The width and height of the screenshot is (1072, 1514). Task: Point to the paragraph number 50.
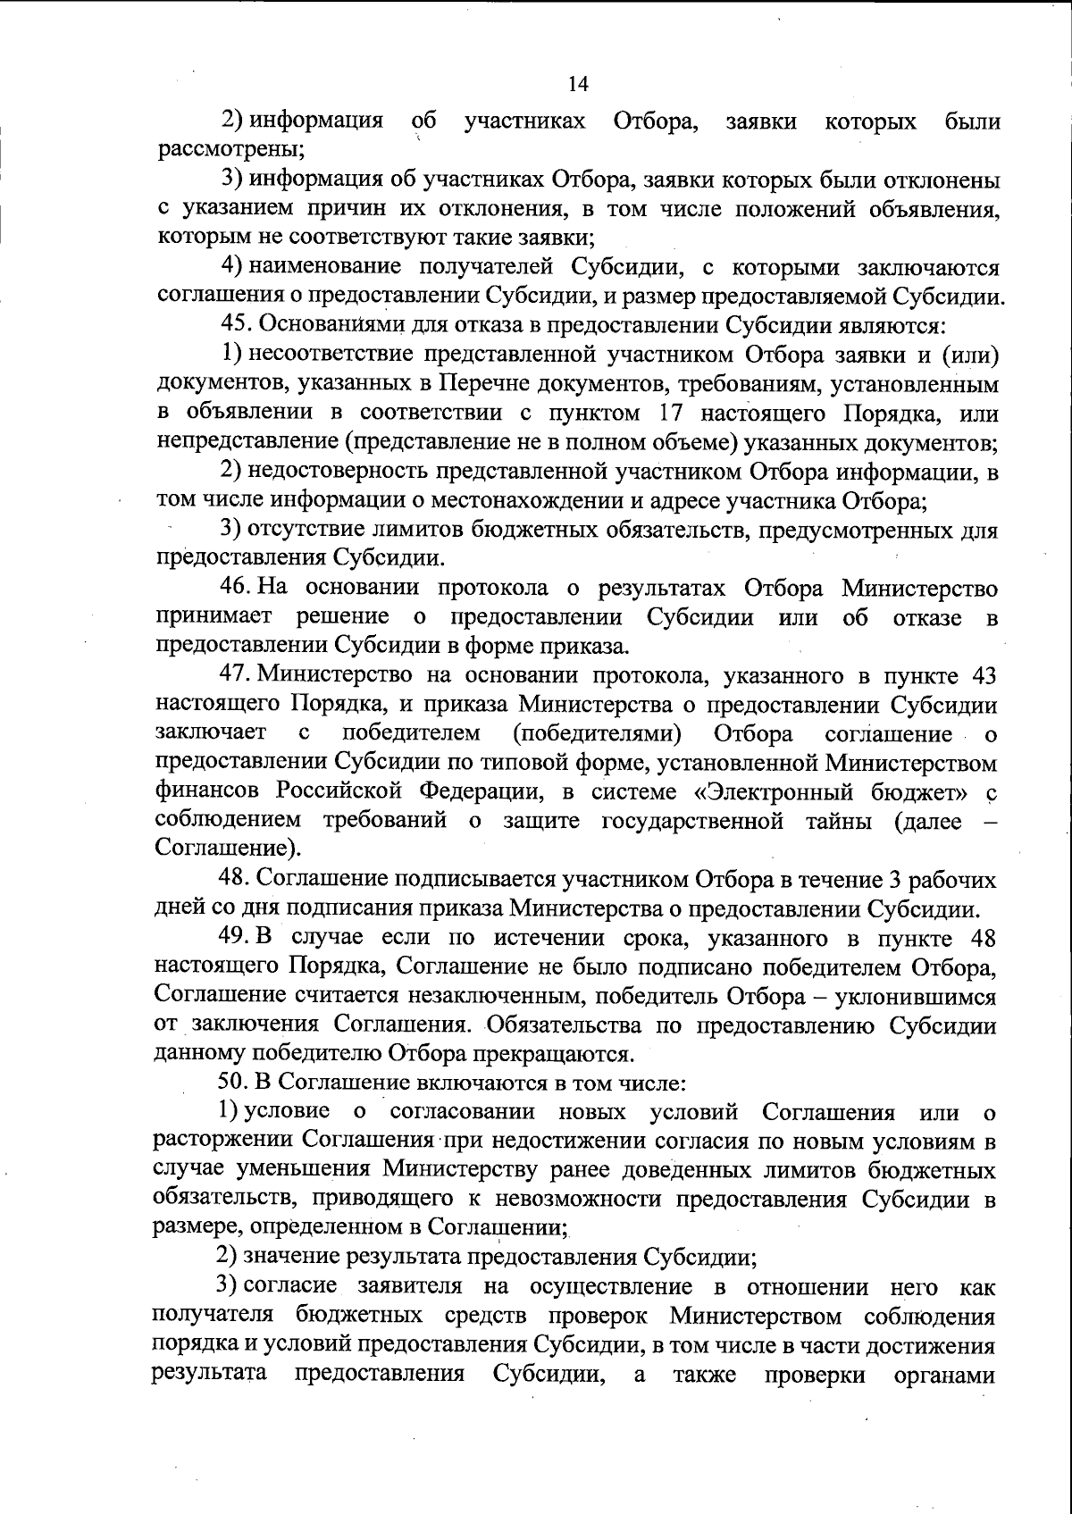pyautogui.click(x=233, y=1083)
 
